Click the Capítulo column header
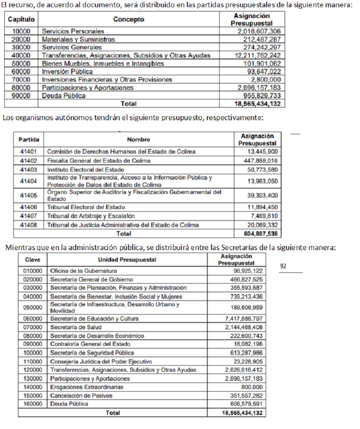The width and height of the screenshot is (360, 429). pos(21,19)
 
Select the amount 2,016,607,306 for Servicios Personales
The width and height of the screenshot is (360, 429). pos(259,31)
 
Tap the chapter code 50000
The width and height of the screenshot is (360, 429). pos(21,63)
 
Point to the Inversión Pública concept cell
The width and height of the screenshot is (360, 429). pos(67,71)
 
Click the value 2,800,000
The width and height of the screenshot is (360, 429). pos(266,79)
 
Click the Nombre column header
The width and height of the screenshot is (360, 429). pos(138,139)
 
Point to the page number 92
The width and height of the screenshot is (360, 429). pos(283,266)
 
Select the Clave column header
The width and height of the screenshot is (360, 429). pos(32,259)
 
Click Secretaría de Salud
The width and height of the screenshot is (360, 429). pos(76,327)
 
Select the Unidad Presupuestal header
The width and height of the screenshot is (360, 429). pos(127,259)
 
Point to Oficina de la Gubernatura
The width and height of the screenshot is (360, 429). pos(84,271)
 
